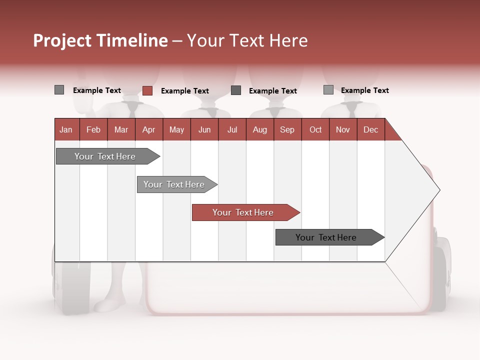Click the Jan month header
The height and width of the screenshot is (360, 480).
coord(66,129)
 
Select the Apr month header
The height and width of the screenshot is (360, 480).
coord(148,129)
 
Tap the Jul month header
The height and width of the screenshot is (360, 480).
coord(232,129)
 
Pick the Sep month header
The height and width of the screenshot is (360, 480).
coord(287,129)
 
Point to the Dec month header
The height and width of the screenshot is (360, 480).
coord(370,129)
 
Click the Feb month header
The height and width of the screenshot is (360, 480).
coord(93,129)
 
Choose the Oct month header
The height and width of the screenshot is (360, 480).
coord(315,129)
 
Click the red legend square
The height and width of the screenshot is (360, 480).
coord(147,90)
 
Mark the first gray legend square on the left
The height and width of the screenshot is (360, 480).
coord(59,90)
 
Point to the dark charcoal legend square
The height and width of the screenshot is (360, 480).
coord(236,90)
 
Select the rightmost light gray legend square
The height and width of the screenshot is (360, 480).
coord(328,90)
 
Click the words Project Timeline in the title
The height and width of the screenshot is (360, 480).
coord(100,40)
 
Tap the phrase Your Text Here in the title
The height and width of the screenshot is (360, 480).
coord(247,40)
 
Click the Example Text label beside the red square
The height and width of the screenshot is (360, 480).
coord(184,91)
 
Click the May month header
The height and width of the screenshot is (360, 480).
coord(176,129)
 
